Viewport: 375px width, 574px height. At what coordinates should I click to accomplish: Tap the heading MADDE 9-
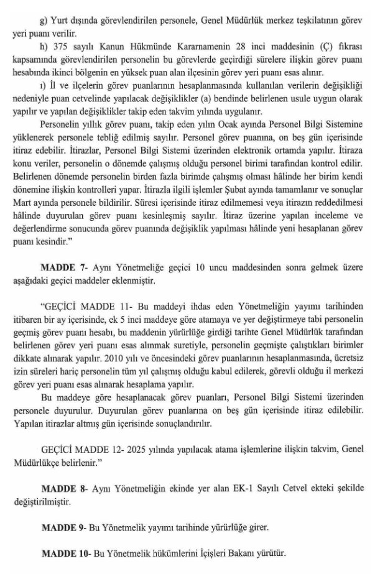(63, 528)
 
